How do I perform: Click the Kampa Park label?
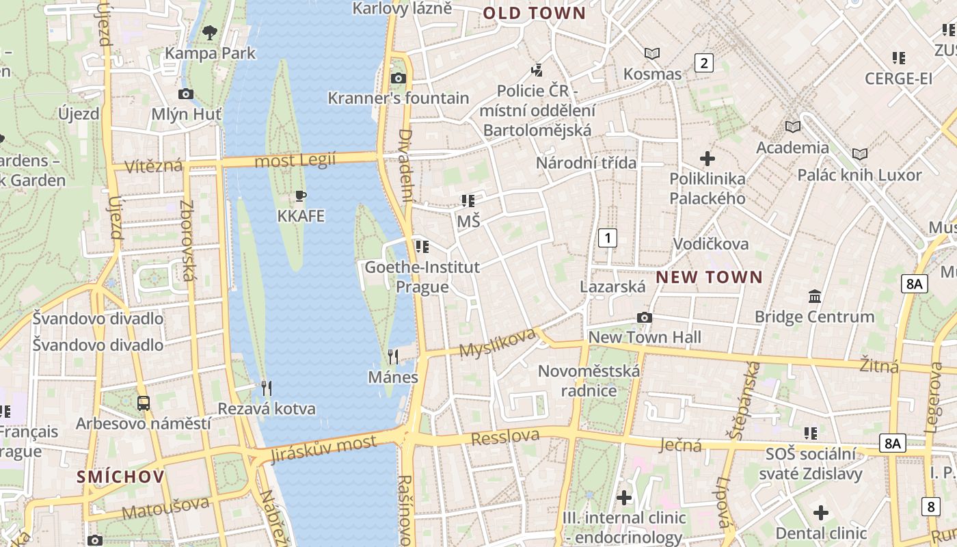click(211, 53)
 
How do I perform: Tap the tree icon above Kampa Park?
click(210, 31)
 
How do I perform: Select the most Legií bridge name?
click(295, 161)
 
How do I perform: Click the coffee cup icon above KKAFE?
click(300, 196)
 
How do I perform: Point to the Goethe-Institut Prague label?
click(422, 276)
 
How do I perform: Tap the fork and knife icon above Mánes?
click(393, 356)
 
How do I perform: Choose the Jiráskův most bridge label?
click(323, 449)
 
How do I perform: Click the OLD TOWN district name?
click(535, 13)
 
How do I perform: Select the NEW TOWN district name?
click(709, 277)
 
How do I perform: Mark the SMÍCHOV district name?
click(120, 477)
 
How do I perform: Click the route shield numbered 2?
click(703, 63)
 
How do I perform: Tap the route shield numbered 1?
click(607, 238)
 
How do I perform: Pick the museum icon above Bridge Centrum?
click(815, 297)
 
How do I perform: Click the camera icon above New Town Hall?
click(644, 317)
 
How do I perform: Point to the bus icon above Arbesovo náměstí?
click(144, 403)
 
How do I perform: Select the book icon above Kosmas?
click(652, 53)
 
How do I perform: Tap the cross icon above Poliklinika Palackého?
click(707, 159)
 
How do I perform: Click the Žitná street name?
click(879, 366)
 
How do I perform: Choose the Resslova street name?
click(505, 436)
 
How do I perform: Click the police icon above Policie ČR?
click(537, 70)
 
